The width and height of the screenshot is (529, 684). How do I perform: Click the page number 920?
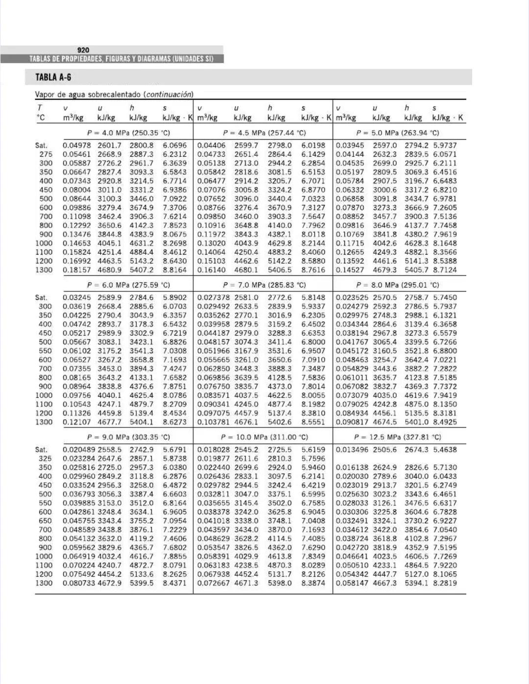click(83, 50)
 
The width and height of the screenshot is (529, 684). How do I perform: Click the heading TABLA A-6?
click(53, 77)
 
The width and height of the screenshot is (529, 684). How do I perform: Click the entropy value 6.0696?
click(175, 146)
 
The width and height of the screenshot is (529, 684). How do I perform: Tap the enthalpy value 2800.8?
click(141, 146)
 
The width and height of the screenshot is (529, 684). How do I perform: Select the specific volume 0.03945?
click(350, 146)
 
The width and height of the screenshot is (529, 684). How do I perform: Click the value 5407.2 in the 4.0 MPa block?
click(141, 270)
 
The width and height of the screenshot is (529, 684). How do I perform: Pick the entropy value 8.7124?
click(445, 270)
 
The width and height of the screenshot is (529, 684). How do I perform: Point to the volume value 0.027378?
click(214, 297)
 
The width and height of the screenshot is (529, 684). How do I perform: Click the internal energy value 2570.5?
click(385, 297)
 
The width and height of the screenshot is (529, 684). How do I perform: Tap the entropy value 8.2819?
click(445, 583)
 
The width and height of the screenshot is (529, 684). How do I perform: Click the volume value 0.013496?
click(352, 449)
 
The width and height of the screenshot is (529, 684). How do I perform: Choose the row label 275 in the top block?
click(46, 154)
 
